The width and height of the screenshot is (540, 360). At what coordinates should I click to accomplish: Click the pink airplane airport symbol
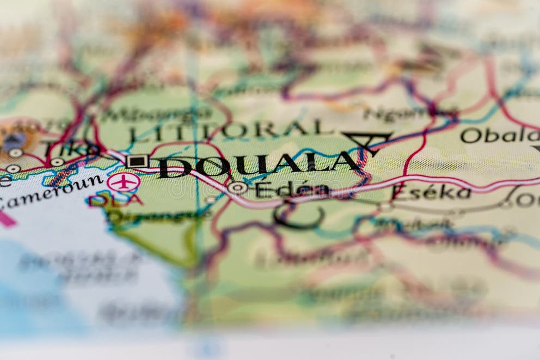click(123, 182)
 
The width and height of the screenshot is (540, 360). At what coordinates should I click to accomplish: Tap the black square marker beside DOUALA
click(137, 161)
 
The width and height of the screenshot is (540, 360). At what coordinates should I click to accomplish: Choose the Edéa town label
click(292, 189)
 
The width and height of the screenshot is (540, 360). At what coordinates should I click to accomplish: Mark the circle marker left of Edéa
click(237, 188)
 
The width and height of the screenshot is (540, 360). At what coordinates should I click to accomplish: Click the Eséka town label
click(431, 192)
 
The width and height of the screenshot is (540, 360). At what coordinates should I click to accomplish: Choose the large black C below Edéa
click(297, 215)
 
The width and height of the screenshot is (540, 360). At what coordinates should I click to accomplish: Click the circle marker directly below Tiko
click(57, 162)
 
